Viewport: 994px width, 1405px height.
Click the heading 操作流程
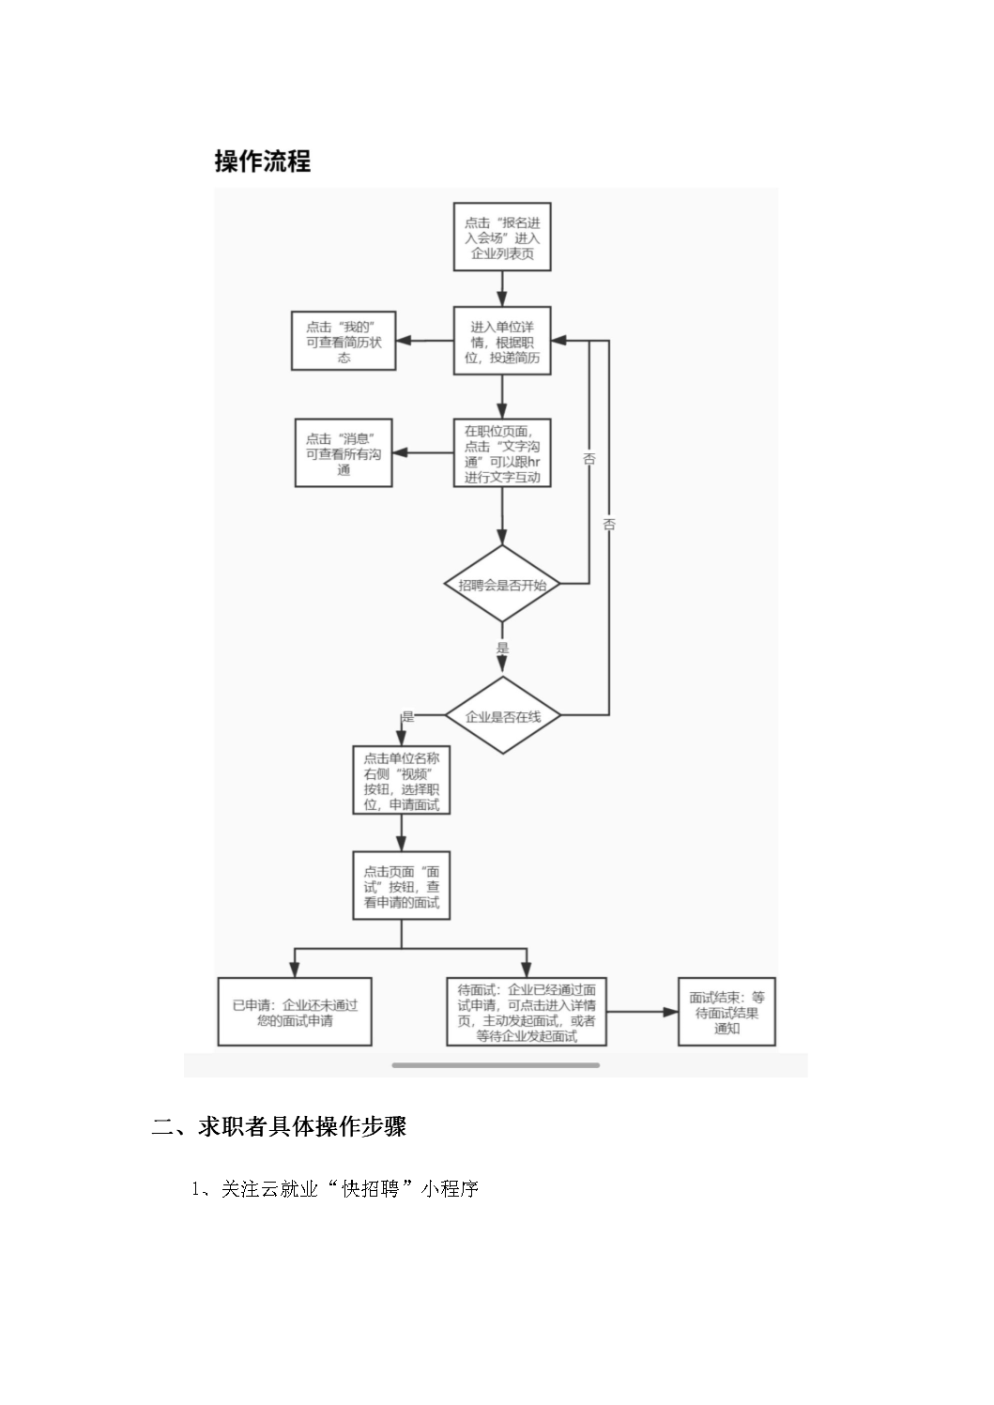(262, 161)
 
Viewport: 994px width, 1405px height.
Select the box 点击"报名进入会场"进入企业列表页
(502, 237)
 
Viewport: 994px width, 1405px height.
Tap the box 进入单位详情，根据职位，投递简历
(502, 341)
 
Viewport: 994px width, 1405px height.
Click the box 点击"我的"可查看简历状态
(344, 341)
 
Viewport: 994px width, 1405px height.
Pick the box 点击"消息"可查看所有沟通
(344, 453)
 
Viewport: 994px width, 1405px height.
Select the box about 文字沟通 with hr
(502, 453)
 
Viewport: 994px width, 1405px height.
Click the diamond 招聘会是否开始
(502, 584)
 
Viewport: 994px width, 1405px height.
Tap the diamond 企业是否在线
(502, 715)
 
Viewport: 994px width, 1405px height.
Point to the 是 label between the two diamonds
(502, 648)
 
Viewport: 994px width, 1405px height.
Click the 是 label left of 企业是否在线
(408, 716)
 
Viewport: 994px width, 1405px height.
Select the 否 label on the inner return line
(589, 459)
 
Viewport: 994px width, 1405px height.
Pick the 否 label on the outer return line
(609, 524)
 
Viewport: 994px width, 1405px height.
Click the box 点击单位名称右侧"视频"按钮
(402, 780)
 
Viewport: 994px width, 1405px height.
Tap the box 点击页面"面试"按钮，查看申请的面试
(402, 886)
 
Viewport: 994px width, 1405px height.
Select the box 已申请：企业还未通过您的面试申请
(295, 1012)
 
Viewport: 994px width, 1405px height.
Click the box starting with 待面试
(527, 1012)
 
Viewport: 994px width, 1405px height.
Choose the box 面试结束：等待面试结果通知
(726, 1012)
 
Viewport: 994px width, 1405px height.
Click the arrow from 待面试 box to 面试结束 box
(643, 1012)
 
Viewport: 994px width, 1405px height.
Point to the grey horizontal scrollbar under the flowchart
(496, 1065)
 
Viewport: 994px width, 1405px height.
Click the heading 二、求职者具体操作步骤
(279, 1127)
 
